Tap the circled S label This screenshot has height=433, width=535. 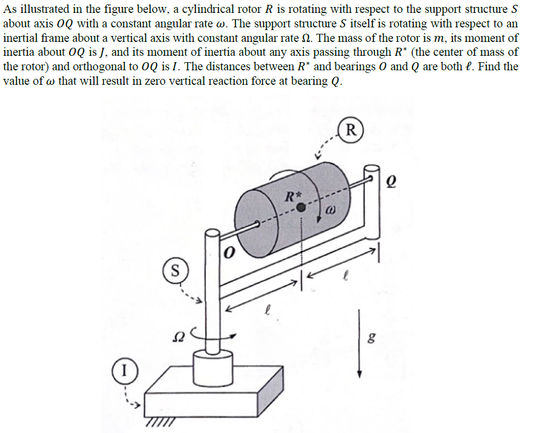pyautogui.click(x=174, y=268)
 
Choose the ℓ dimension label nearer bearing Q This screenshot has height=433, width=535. pyautogui.click(x=347, y=277)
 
